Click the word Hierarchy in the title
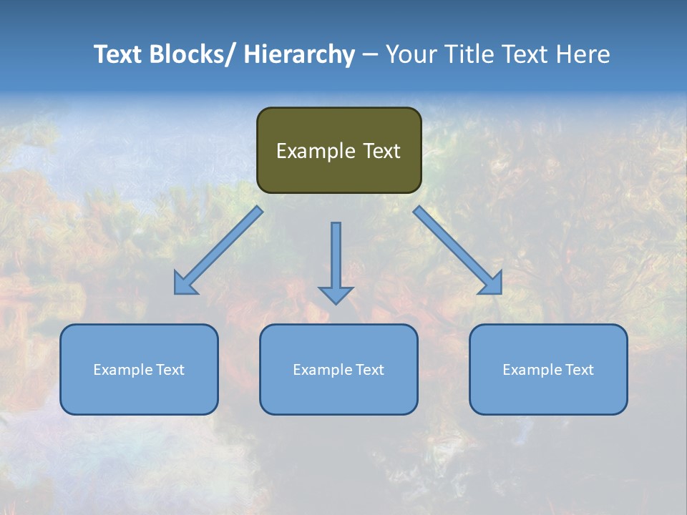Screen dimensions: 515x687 coord(299,54)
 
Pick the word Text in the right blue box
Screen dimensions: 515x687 coord(579,370)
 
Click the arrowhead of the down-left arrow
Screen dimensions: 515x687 coord(185,283)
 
